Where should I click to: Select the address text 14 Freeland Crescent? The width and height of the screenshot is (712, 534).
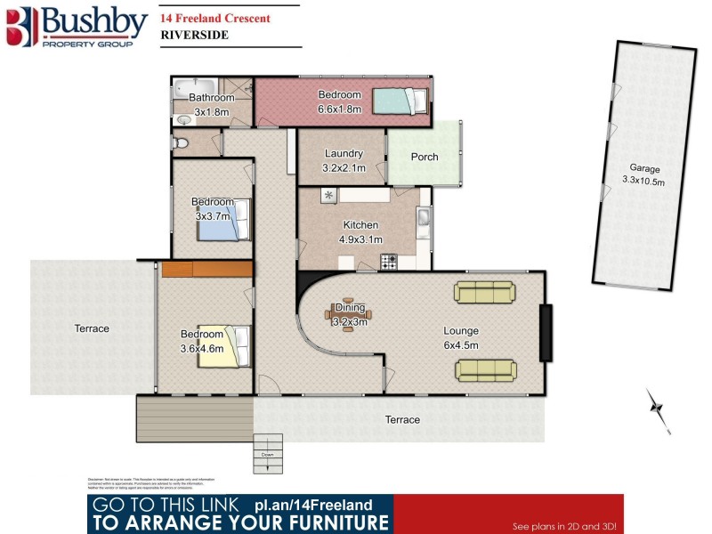215,18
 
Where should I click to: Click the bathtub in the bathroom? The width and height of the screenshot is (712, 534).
190,88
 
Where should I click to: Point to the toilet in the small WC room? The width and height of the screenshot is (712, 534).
182,142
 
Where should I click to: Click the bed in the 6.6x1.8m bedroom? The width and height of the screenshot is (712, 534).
400,101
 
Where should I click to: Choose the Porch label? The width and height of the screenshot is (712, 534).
425,158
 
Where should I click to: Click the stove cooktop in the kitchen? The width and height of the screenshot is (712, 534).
389,261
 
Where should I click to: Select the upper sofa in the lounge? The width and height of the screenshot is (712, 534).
483,292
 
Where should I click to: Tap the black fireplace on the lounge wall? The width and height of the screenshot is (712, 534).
546,332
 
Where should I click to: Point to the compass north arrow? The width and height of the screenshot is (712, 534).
659,408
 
